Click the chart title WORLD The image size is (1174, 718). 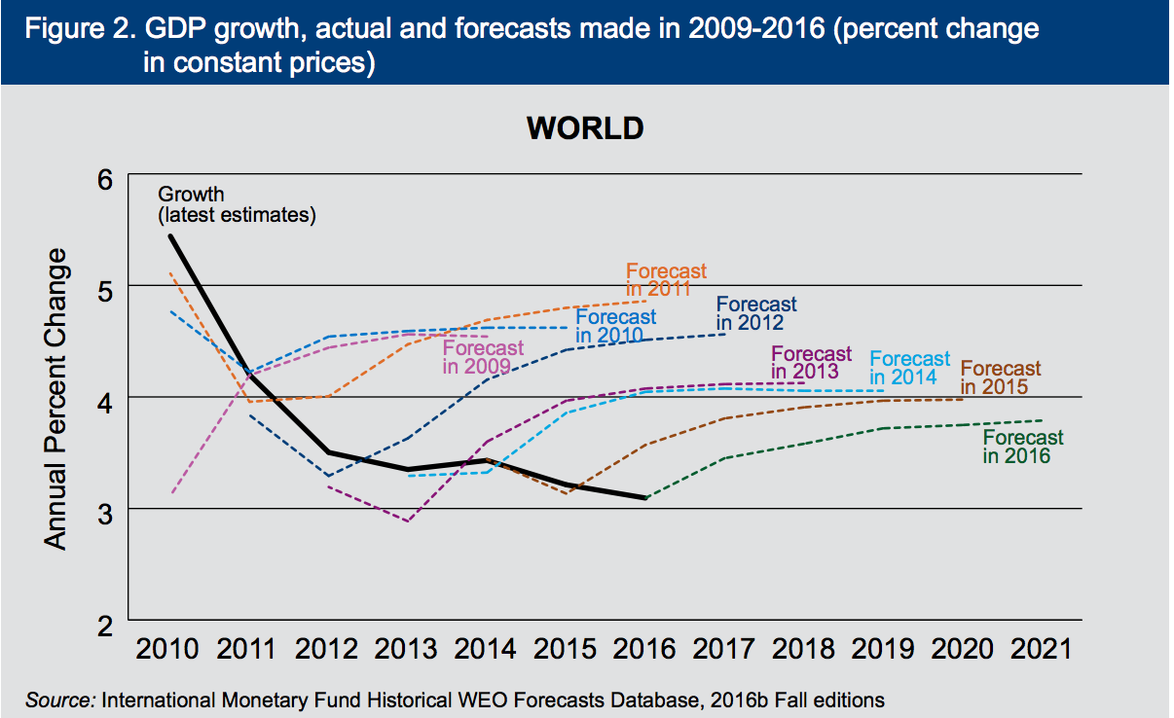pos(585,127)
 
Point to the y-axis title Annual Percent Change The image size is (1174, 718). pos(57,399)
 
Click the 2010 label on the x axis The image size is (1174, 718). pos(168,649)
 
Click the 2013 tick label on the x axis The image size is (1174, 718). pos(406,649)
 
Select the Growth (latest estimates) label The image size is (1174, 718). pos(237,205)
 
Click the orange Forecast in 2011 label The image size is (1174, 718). pos(666,280)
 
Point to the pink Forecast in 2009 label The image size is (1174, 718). pos(483,357)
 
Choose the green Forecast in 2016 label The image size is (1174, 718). pos(1023,447)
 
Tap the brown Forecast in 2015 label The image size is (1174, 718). pos(1001,377)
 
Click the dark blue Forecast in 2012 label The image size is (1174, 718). pos(756,314)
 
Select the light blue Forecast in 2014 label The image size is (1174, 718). pos(909,368)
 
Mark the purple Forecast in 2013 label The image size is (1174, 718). pos(811,362)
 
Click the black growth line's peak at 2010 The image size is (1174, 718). pos(170,235)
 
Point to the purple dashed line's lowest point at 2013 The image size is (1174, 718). pos(407,521)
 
